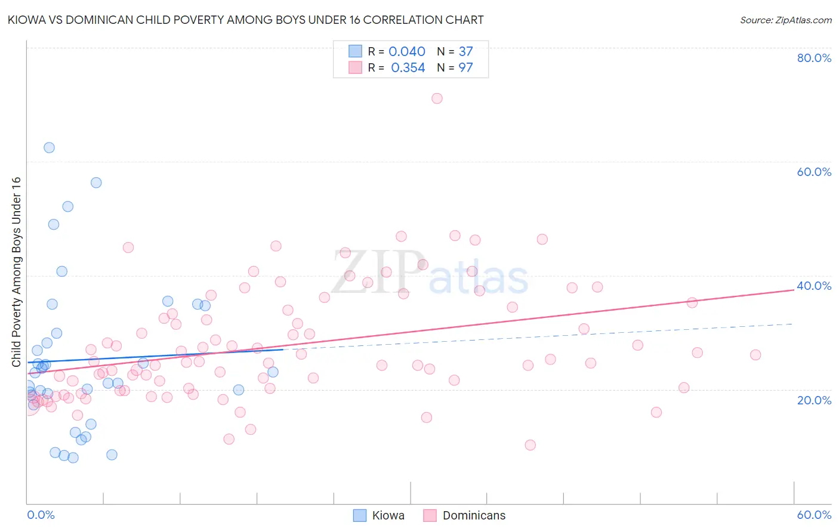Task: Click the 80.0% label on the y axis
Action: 814,58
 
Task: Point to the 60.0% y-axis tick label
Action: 814,172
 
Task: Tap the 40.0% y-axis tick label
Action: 814,286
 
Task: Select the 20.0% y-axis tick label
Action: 814,400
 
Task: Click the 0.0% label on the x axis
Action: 41,515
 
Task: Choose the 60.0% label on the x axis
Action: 814,515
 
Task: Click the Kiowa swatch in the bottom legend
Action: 360,515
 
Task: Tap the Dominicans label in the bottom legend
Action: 474,515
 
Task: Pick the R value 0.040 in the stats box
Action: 407,52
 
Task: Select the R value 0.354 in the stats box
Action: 408,68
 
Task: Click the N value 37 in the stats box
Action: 465,52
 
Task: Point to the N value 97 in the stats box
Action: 465,68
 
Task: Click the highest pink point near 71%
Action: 437,98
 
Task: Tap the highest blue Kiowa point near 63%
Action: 49,147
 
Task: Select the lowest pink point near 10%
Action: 530,445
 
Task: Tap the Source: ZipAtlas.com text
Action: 785,20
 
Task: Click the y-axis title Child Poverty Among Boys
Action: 16,272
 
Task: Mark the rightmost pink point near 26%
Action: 755,355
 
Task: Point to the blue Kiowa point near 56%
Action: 96,183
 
